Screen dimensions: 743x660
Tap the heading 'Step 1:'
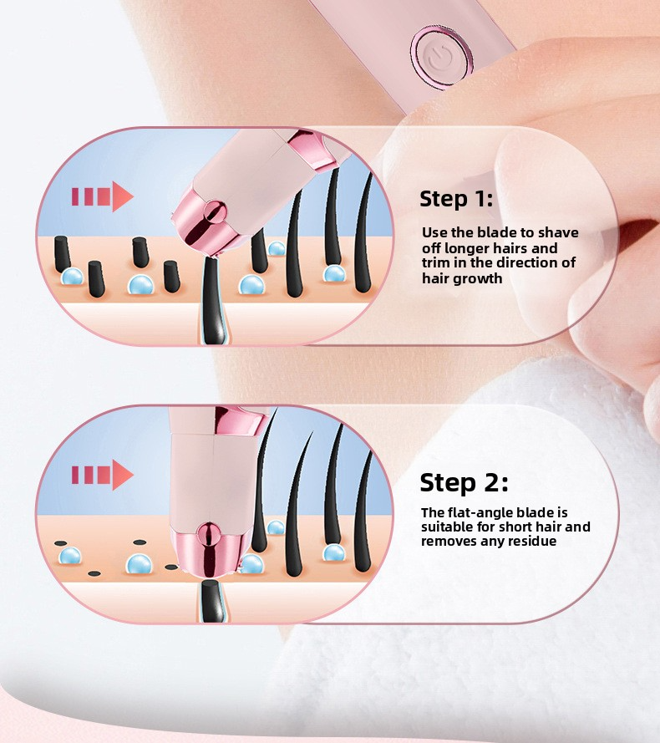pyautogui.click(x=456, y=199)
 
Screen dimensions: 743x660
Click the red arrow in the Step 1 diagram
pyautogui.click(x=102, y=197)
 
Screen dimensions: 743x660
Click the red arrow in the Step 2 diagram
pyautogui.click(x=102, y=475)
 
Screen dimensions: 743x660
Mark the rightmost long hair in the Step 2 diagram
pyautogui.click(x=363, y=510)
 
